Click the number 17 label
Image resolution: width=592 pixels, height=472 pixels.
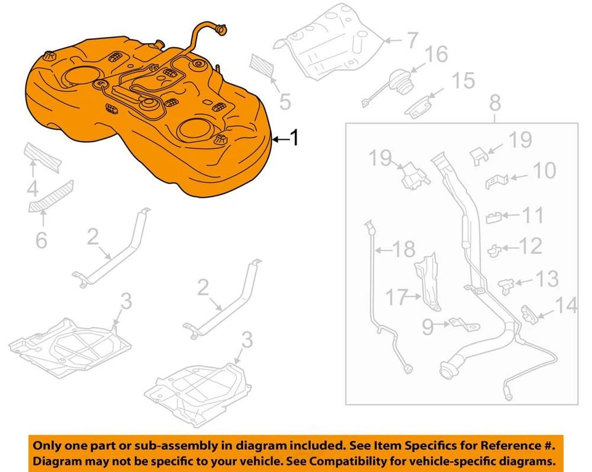pyautogui.click(x=398, y=298)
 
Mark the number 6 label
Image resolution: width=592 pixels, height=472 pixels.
pyautogui.click(x=41, y=240)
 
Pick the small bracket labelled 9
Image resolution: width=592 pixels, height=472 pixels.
pyautogui.click(x=458, y=324)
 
